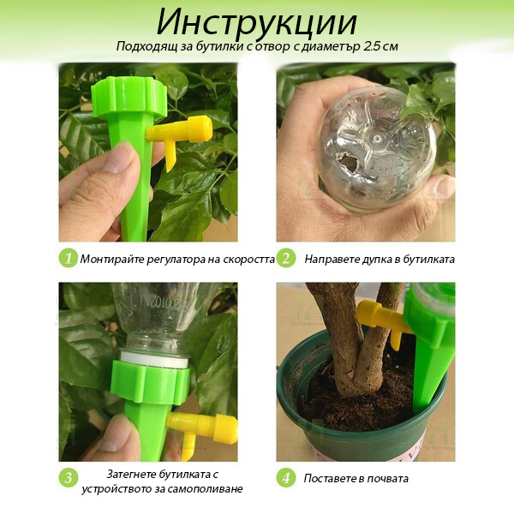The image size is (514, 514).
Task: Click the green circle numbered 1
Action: coord(69,259)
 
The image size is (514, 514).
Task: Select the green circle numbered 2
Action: coord(286,259)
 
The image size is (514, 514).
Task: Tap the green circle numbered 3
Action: coord(69,478)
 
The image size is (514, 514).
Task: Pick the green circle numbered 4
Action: coord(286,478)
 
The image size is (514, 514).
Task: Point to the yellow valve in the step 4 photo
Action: coord(382,321)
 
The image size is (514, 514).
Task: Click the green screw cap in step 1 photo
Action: coord(129,97)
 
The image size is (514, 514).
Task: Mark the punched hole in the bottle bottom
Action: coord(349,162)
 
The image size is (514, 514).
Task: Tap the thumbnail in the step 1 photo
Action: coord(120,159)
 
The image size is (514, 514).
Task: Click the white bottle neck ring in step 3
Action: coord(154,360)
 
